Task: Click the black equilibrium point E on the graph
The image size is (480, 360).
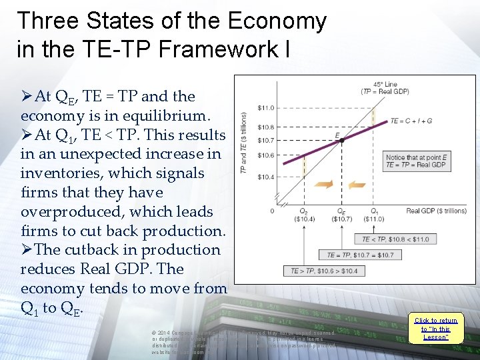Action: (x=341, y=141)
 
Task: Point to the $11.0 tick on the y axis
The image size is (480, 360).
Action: (x=266, y=107)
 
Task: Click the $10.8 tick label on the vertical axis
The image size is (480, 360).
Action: (x=266, y=127)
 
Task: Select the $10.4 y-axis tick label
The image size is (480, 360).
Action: (x=266, y=177)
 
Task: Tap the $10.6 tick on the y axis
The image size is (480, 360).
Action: (x=266, y=155)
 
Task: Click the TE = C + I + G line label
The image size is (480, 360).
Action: (x=411, y=121)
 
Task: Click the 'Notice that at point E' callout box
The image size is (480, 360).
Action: (x=416, y=161)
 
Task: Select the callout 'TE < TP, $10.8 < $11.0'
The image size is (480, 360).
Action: (x=395, y=239)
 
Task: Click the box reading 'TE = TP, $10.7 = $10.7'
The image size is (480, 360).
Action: (x=360, y=255)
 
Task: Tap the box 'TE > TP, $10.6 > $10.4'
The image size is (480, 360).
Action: (x=324, y=271)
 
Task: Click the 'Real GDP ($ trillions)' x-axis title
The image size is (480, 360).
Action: (x=436, y=211)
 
